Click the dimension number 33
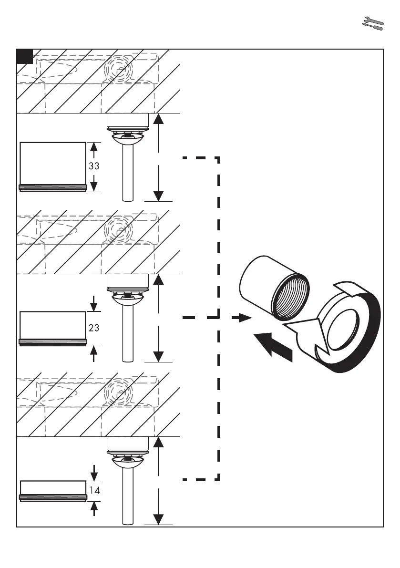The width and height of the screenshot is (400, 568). (x=94, y=166)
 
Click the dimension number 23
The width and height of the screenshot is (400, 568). (x=94, y=328)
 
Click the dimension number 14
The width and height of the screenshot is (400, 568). (x=94, y=490)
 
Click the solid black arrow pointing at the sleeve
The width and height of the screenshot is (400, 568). (x=272, y=346)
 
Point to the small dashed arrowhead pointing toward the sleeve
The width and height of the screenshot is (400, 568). (x=245, y=318)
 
